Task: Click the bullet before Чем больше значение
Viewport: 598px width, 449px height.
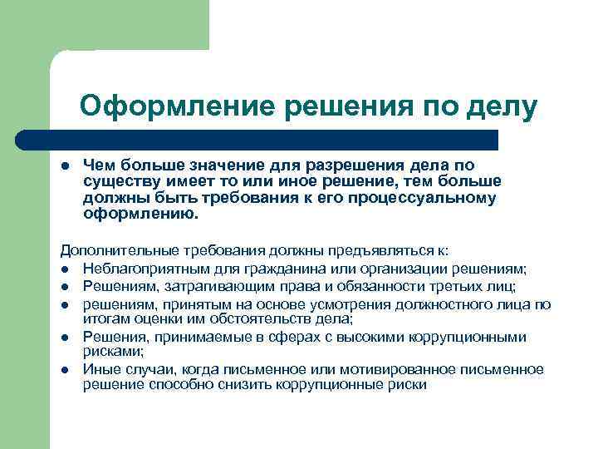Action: [x=64, y=166]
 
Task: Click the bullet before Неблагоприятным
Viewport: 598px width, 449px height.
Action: [x=64, y=269]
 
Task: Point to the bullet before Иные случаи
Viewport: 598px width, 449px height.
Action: [x=64, y=369]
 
